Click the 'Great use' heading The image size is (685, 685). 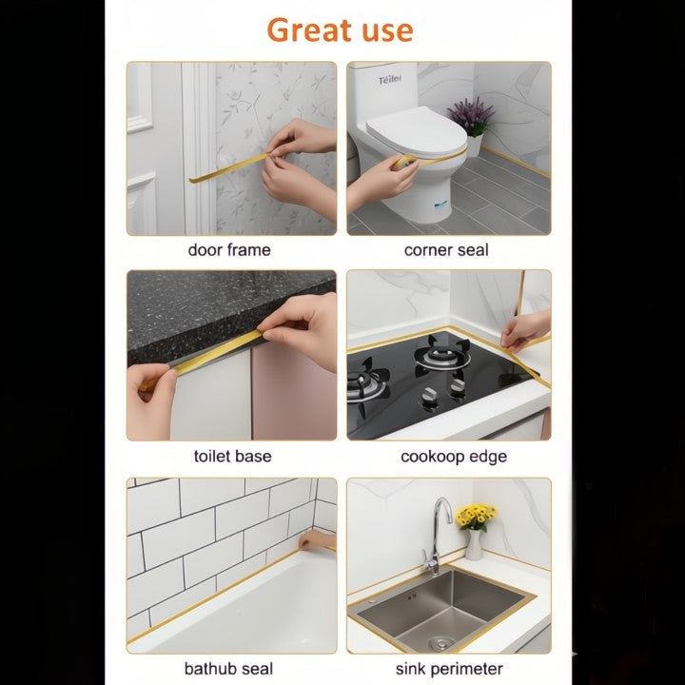coord(340,29)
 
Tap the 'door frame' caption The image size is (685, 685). coord(229,250)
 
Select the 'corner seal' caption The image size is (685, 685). coord(446,250)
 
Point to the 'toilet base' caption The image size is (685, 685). coord(232,457)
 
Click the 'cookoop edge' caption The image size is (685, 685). coord(454,457)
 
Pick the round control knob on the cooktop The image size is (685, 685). coord(429,399)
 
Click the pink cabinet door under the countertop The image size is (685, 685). coord(294,395)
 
